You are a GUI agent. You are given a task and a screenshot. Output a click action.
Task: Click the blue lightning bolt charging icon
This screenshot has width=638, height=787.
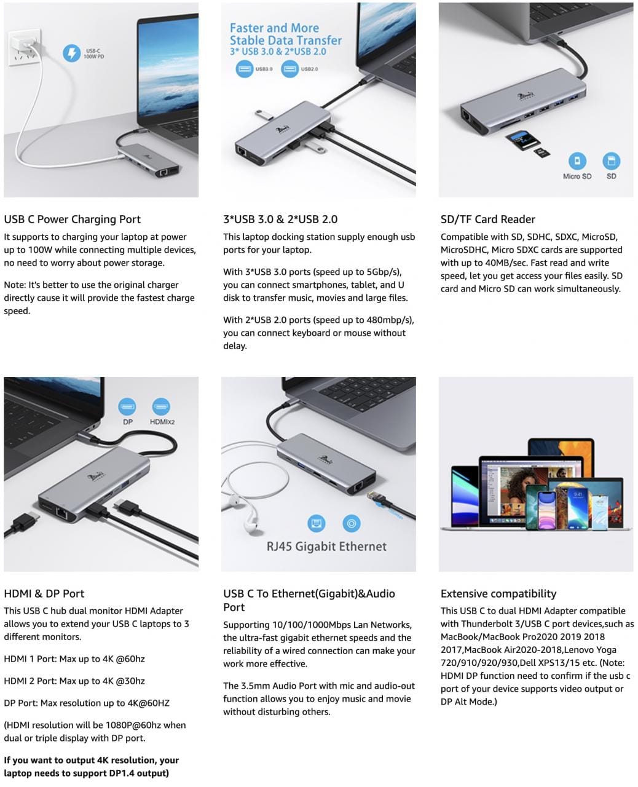(x=72, y=53)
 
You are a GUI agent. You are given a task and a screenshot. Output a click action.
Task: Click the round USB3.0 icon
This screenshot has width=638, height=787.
(x=245, y=69)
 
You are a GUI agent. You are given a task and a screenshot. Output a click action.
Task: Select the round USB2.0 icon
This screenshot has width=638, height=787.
(x=290, y=69)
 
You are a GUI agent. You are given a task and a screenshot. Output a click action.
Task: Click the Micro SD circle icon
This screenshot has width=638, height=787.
(x=577, y=161)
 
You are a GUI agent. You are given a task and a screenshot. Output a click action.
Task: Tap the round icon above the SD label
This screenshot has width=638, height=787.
(x=612, y=161)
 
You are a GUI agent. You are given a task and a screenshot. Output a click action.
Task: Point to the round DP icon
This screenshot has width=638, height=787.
(x=127, y=407)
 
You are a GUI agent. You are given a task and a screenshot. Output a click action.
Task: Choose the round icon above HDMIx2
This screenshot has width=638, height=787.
(x=161, y=407)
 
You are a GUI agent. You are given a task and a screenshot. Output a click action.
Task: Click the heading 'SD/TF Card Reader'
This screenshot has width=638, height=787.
(x=487, y=219)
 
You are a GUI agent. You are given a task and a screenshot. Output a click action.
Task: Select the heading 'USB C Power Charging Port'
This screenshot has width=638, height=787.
(x=73, y=219)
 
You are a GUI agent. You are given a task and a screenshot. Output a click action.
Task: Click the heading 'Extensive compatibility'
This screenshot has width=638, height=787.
(x=498, y=594)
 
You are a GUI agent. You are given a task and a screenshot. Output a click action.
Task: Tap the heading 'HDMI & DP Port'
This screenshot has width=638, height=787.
(x=44, y=594)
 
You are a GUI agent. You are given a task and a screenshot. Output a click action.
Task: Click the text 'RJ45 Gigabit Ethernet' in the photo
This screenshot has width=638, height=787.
(x=326, y=547)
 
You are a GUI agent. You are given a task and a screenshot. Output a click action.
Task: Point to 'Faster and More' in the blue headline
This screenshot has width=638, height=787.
(x=274, y=28)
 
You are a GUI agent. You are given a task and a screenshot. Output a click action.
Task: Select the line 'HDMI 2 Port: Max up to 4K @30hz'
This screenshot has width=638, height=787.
(x=74, y=681)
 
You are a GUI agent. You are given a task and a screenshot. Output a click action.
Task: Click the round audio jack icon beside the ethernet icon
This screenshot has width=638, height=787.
(x=352, y=524)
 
